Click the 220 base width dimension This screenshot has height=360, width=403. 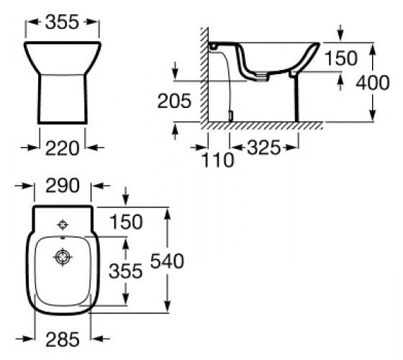pyautogui.click(x=62, y=148)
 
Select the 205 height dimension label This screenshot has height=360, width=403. pyautogui.click(x=174, y=101)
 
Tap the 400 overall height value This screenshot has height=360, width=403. pyautogui.click(x=373, y=83)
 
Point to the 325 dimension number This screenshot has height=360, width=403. pyautogui.click(x=263, y=148)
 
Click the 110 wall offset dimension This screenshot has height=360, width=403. pyautogui.click(x=217, y=160)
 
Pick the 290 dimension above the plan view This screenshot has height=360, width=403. pyautogui.click(x=63, y=186)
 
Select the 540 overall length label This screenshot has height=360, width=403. pyautogui.click(x=167, y=261)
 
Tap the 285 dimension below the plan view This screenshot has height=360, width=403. pyautogui.click(x=63, y=339)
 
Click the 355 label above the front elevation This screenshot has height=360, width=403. pyautogui.click(x=62, y=22)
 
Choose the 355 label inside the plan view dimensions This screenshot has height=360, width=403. pyautogui.click(x=125, y=271)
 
